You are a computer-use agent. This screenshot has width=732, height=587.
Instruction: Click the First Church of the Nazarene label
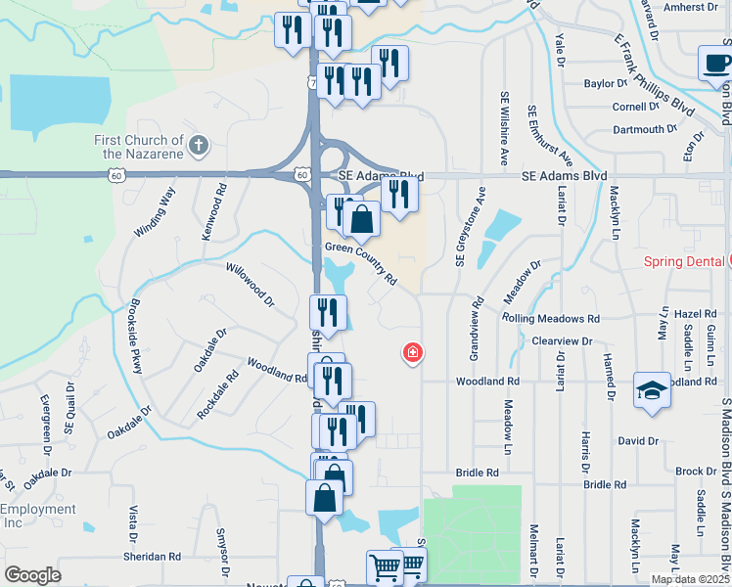point(138,147)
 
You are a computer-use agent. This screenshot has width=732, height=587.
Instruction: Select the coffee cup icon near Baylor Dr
point(715,64)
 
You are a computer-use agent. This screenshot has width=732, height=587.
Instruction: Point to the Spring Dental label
point(684,261)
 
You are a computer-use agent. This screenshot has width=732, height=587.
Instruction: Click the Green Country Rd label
point(360,262)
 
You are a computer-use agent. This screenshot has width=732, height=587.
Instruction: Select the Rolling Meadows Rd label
point(550,319)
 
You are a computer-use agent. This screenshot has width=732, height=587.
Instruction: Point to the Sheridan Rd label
point(153,557)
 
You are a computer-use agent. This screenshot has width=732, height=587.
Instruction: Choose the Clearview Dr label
point(563,340)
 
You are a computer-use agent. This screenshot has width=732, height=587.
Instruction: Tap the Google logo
point(32,575)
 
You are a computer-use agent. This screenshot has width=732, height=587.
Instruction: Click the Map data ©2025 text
point(690,579)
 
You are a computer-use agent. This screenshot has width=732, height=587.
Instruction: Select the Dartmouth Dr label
point(645,129)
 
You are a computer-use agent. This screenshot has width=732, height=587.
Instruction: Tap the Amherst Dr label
point(690,7)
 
